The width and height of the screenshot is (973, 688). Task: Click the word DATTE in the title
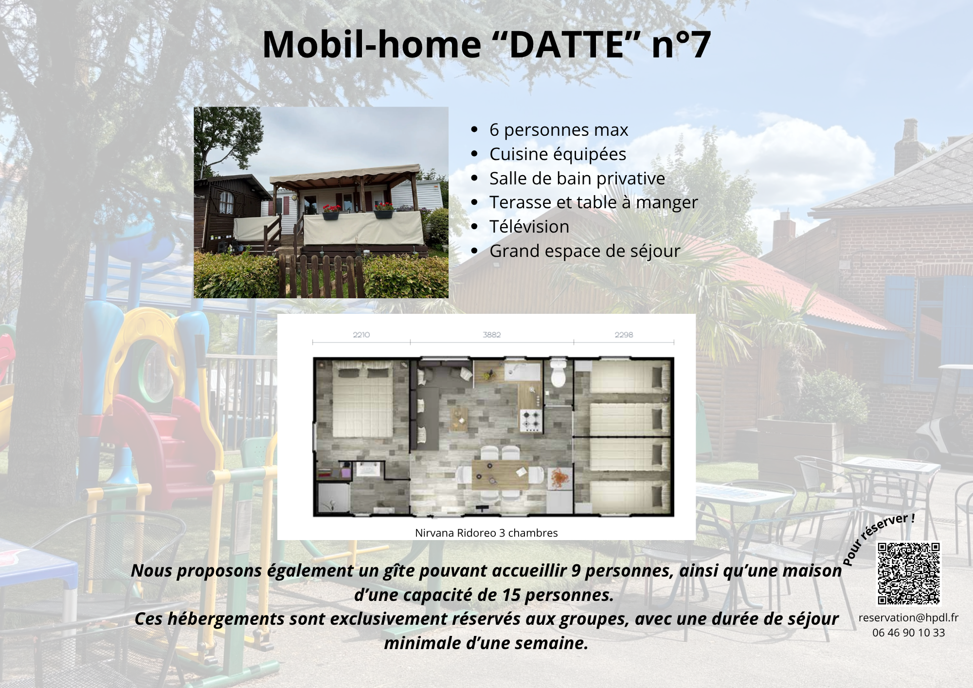tap(566, 45)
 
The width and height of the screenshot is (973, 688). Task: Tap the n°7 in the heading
tap(681, 45)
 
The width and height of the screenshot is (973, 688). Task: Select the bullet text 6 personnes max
tap(559, 130)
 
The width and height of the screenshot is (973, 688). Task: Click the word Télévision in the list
tap(529, 227)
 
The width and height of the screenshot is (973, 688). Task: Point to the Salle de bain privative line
tap(577, 179)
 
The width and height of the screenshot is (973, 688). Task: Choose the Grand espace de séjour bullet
tap(584, 251)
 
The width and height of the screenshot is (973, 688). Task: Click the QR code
tap(908, 573)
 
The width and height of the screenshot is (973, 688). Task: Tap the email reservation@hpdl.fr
tap(908, 617)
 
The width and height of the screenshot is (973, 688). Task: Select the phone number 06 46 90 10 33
tap(908, 633)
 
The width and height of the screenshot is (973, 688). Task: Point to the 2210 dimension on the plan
tap(361, 335)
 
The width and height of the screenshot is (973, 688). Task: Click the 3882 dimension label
tap(491, 335)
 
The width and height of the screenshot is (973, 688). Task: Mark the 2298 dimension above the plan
tap(623, 335)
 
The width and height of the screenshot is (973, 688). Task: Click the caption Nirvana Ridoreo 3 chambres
tap(486, 533)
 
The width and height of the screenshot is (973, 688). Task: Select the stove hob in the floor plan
tap(531, 420)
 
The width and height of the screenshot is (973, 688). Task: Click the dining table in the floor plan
tap(500, 475)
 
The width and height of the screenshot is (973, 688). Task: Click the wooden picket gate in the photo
tap(321, 275)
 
